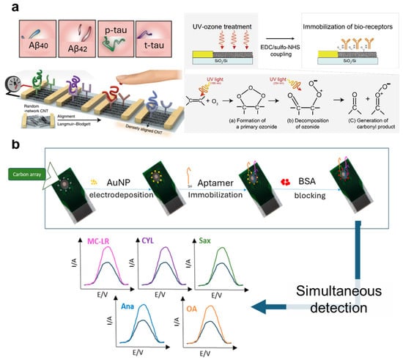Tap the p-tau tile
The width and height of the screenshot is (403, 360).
(119, 41)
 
